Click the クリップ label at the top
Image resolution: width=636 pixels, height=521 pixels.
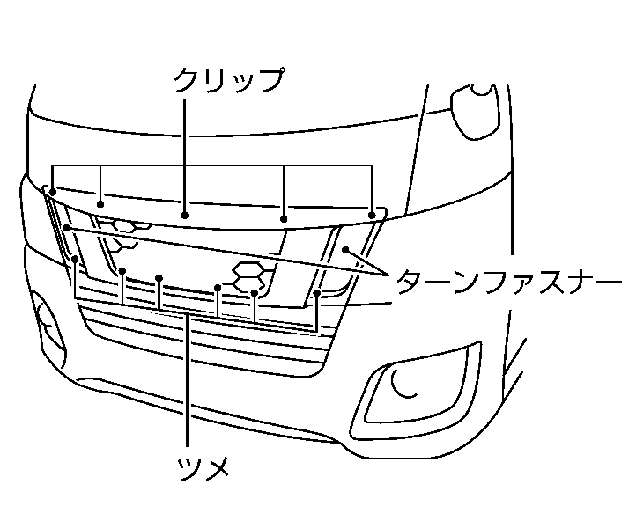pos(228,80)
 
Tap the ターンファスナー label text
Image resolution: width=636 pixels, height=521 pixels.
pos(509,283)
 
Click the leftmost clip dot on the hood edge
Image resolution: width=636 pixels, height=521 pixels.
pos(54,191)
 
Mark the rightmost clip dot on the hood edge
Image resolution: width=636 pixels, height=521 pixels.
pos(372,214)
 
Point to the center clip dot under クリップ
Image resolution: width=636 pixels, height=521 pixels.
pos(185,214)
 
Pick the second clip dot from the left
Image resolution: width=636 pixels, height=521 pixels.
pos(102,200)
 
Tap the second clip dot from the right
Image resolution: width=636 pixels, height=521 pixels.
pos(284,218)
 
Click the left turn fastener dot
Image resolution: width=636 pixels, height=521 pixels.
pos(66,228)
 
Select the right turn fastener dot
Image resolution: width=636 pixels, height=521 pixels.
pos(347,250)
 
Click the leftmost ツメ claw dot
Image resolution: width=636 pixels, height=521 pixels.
pos(76,260)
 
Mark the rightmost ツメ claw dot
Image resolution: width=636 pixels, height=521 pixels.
pos(316,291)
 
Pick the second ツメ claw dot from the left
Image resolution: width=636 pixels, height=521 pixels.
pos(122,271)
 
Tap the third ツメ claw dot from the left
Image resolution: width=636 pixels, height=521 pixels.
pos(159,279)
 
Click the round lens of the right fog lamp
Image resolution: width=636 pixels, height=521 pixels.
pos(406,383)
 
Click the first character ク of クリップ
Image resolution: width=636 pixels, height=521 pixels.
pos(186,80)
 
